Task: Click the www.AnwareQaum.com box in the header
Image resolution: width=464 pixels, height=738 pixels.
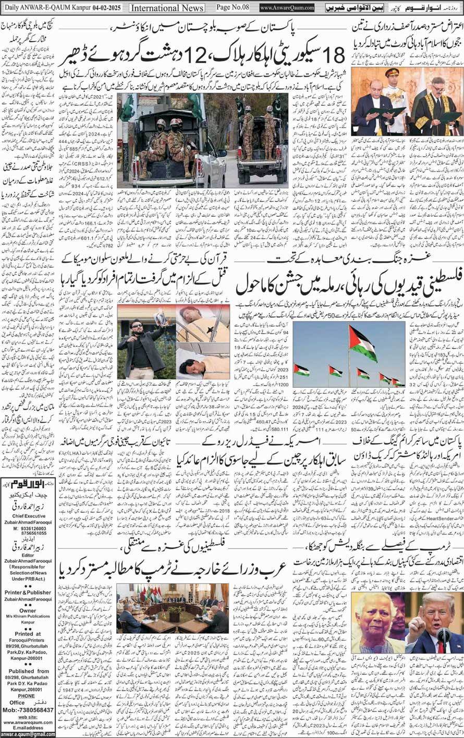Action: (x=287, y=8)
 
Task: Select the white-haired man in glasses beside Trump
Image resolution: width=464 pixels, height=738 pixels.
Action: (x=378, y=620)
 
